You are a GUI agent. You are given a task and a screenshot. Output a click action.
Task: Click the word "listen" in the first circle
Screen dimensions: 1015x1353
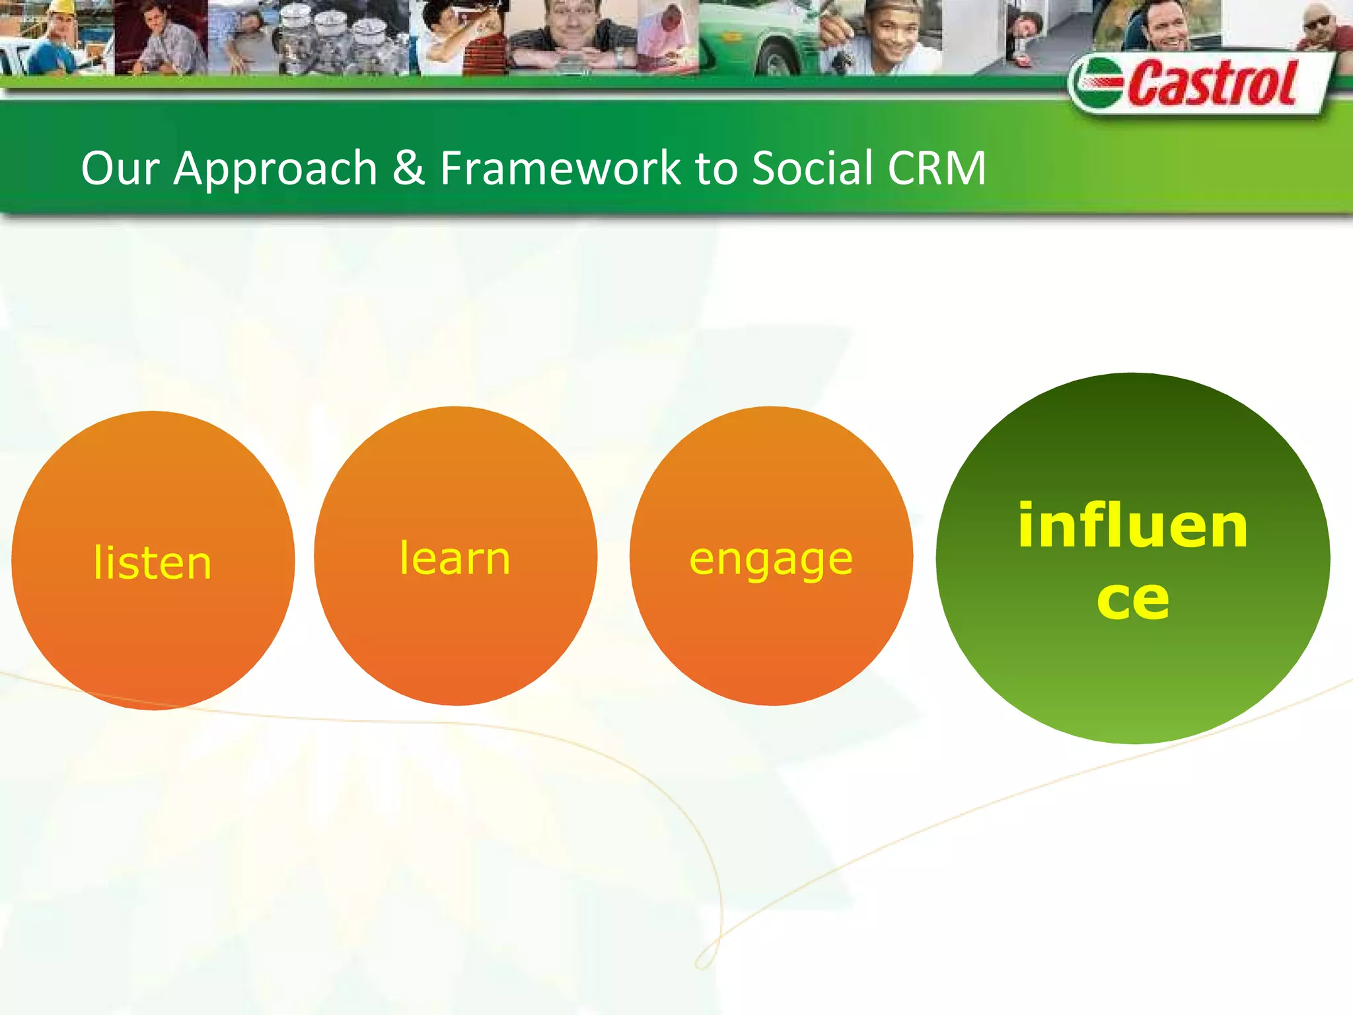(x=152, y=563)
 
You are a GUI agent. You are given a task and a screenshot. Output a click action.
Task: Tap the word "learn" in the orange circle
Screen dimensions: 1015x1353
(x=455, y=558)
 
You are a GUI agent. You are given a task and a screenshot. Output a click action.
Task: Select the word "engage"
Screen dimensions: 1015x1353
(x=771, y=560)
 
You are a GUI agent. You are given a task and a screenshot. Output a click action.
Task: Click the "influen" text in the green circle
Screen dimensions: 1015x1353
(x=1132, y=526)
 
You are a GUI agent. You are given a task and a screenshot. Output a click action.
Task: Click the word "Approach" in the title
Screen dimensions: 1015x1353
(x=275, y=169)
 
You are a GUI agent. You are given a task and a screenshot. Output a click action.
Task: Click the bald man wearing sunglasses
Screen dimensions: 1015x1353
(x=1318, y=26)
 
